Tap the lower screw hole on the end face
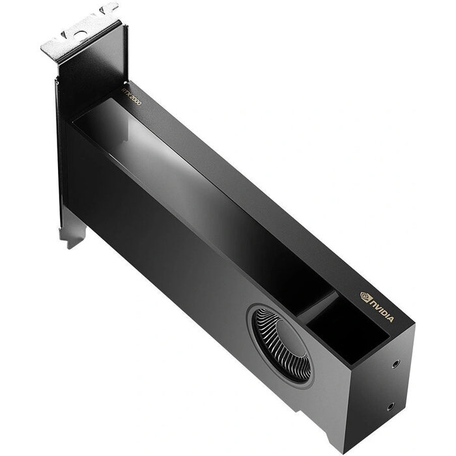click(391, 406)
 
